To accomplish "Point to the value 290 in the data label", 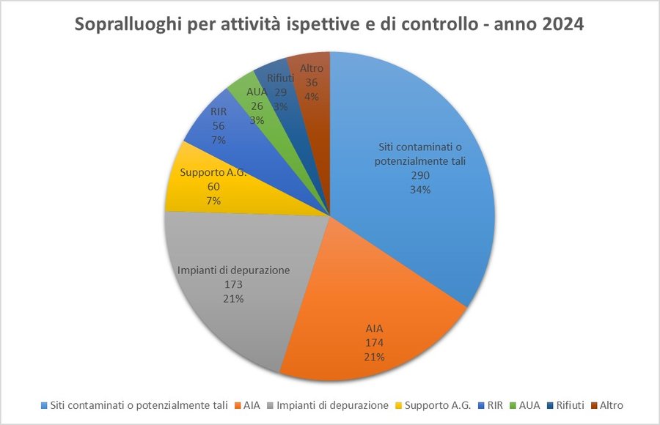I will (x=419, y=176).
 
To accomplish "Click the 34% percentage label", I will (x=419, y=190).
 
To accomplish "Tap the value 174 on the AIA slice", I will (x=375, y=342).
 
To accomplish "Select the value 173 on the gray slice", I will (x=234, y=284).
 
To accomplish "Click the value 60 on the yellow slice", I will (x=213, y=186).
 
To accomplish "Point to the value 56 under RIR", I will (x=219, y=125).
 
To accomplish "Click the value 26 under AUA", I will (x=257, y=106).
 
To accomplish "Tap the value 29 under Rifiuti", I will (x=281, y=92).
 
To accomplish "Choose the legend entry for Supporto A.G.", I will (x=438, y=405).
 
